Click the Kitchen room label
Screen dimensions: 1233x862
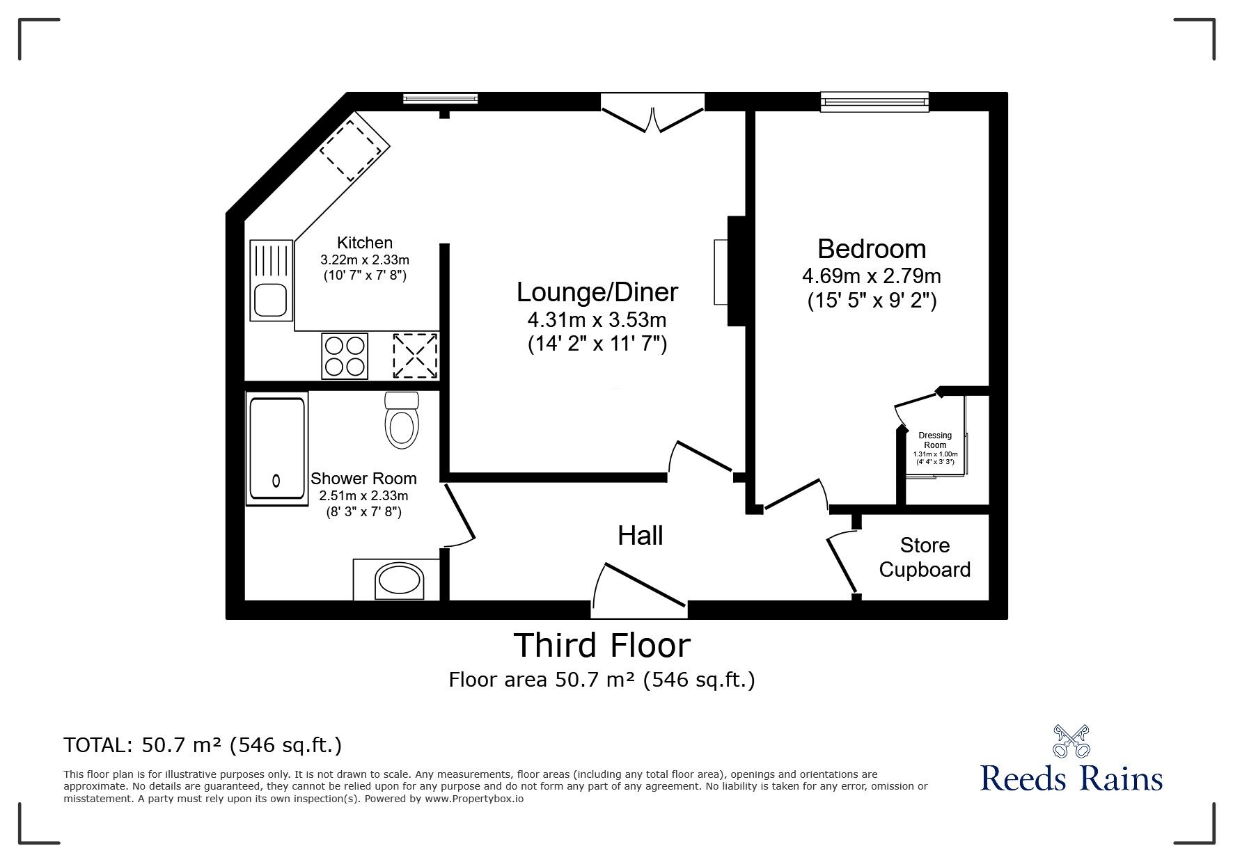coord(365,243)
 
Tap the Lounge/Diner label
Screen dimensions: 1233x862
coord(597,292)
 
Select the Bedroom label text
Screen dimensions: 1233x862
coord(872,248)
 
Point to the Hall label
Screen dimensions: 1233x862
coord(641,535)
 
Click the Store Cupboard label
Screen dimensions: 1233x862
coord(925,557)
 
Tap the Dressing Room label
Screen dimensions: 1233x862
coord(935,440)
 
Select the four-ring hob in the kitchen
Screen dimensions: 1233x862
coord(345,356)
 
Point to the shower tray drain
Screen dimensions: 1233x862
coord(276,480)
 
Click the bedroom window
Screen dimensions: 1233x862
coord(875,102)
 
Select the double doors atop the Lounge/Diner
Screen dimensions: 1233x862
coord(653,115)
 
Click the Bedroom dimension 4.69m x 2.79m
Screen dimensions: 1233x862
coord(872,276)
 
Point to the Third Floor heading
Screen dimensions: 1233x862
coord(602,645)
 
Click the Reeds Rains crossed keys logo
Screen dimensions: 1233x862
coord(1071,741)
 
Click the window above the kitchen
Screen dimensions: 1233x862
coord(441,99)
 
